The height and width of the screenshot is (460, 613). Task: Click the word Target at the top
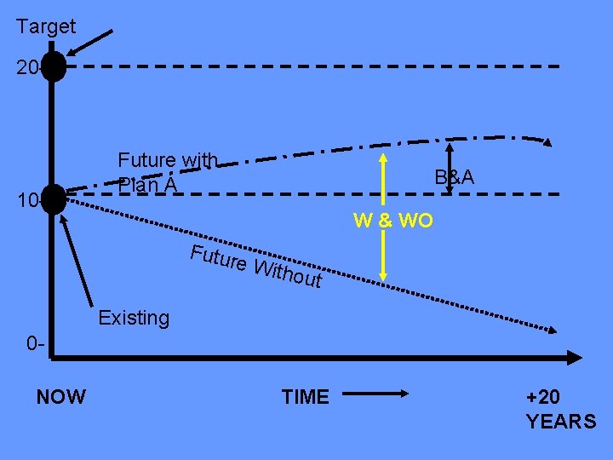[46, 26]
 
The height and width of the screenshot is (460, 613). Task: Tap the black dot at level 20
[54, 66]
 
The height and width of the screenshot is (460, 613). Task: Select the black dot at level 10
[54, 198]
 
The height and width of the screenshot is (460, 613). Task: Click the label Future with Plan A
[167, 171]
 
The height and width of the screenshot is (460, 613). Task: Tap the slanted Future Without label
[255, 265]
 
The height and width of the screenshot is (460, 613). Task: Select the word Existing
[134, 318]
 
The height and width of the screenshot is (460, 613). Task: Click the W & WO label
[393, 221]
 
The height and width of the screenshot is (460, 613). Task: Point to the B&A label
[454, 177]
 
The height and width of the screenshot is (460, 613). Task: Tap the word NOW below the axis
[61, 396]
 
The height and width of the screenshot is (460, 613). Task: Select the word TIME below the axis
[305, 396]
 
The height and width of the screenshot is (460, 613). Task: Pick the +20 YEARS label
[561, 409]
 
